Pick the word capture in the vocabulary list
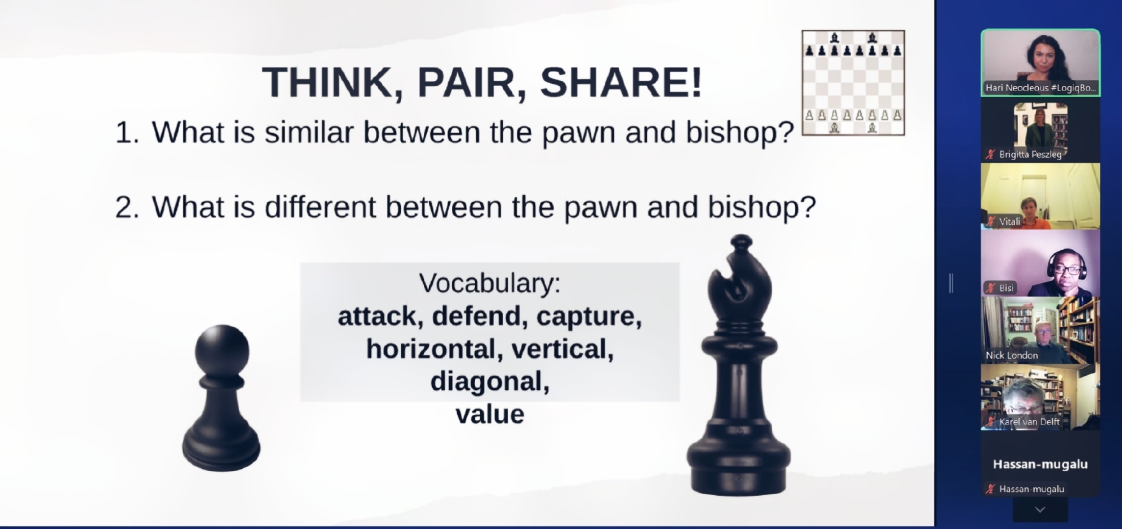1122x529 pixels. tap(589, 316)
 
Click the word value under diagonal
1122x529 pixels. tap(490, 414)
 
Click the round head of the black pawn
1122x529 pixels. tap(222, 350)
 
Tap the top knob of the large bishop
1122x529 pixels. tap(741, 242)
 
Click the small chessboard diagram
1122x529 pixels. tap(853, 83)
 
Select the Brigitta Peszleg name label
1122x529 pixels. tap(1030, 154)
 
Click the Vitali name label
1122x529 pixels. tap(1010, 221)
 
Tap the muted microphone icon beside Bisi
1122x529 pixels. tap(991, 288)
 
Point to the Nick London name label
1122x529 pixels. tap(1012, 355)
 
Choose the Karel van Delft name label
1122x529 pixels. tap(1029, 422)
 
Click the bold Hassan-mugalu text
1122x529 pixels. tap(1040, 464)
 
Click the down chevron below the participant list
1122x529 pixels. tap(1040, 510)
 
